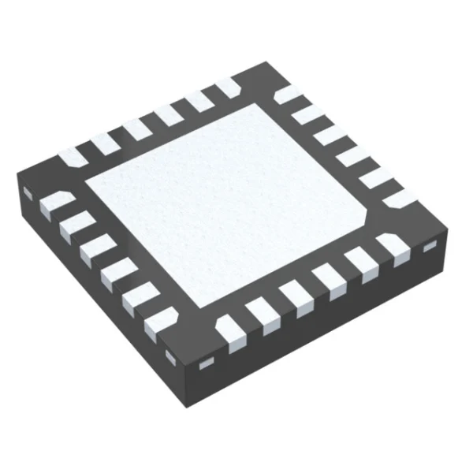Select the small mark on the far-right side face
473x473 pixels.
[429, 248]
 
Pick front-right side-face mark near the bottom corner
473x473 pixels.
[207, 363]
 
